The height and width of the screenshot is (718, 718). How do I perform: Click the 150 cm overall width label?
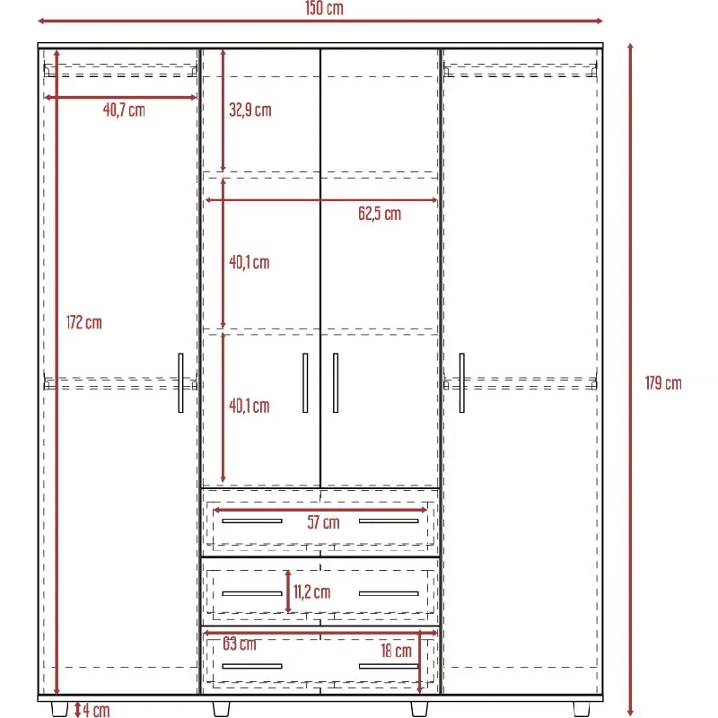[324, 8]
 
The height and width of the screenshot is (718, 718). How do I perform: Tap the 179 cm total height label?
[663, 383]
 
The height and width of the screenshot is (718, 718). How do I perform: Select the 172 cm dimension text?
[83, 322]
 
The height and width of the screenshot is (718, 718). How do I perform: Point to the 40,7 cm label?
[124, 109]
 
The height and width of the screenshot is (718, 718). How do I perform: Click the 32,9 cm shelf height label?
[250, 109]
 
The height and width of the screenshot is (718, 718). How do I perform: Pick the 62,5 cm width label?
[380, 214]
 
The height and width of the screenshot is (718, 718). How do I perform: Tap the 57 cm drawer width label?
[323, 522]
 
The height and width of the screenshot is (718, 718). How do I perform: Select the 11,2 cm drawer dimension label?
[311, 591]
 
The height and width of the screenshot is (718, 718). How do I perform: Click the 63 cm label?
[240, 644]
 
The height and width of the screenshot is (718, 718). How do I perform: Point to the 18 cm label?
[396, 650]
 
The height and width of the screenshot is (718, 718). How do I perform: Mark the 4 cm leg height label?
[96, 710]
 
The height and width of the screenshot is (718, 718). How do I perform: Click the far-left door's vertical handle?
[181, 383]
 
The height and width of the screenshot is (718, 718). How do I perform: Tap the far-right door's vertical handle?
[461, 383]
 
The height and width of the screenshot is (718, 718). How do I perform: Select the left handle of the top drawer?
[252, 521]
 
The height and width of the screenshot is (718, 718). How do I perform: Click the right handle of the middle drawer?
[389, 593]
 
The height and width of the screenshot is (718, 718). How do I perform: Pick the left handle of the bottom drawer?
[252, 666]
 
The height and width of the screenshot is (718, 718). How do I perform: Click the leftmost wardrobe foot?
[59, 709]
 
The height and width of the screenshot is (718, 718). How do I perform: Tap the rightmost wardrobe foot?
[582, 709]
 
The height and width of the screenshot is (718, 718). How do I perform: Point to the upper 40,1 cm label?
[250, 262]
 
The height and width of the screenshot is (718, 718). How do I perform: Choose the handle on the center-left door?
[305, 383]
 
